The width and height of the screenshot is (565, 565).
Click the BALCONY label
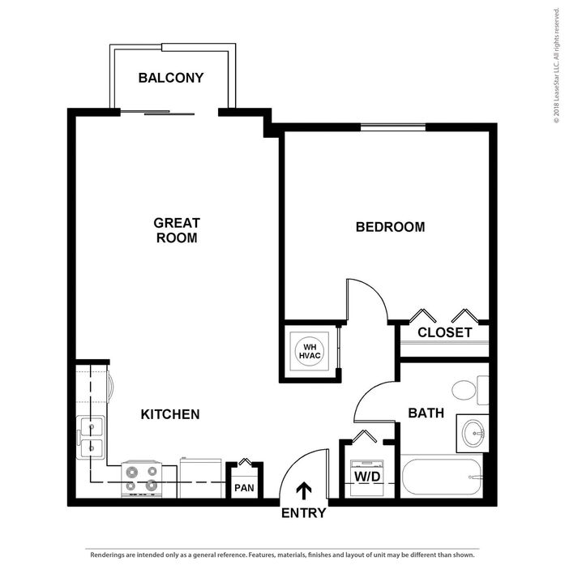click(171, 78)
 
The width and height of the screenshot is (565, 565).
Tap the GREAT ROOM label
click(177, 230)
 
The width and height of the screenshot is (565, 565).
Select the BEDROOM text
click(390, 227)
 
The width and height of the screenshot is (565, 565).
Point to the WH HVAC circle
click(310, 351)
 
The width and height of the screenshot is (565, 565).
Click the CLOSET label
click(445, 332)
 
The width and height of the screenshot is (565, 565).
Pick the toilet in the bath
click(470, 390)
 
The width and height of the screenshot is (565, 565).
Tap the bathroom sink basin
click(474, 433)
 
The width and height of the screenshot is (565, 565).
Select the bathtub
click(442, 477)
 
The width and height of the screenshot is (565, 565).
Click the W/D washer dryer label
click(367, 477)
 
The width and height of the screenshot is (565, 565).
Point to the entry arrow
click(304, 490)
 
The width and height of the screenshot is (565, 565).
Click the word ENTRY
click(303, 513)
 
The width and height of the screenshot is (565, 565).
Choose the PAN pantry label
click(244, 488)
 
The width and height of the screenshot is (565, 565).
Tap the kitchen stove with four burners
click(142, 479)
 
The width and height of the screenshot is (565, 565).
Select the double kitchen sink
click(91, 437)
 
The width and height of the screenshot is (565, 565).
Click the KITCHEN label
click(170, 414)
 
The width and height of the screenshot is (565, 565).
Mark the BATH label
click(426, 413)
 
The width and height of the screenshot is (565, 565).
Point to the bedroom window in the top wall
click(393, 127)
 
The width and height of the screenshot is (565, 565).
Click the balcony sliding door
click(157, 113)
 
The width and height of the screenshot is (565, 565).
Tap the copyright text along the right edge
click(557, 65)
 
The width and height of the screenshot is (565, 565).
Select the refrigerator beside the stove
click(201, 478)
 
